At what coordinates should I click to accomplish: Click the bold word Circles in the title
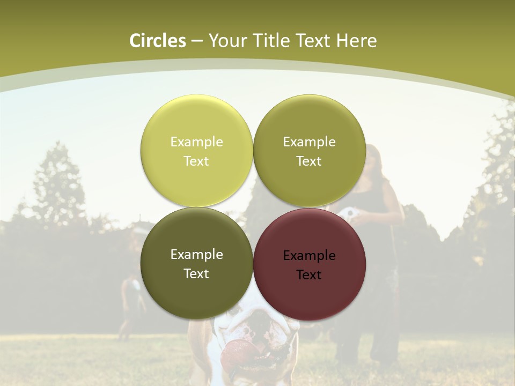click(x=158, y=41)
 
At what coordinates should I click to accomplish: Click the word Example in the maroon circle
click(x=309, y=256)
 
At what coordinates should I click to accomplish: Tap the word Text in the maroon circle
click(x=309, y=275)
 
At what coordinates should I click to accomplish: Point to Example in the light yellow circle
click(x=196, y=142)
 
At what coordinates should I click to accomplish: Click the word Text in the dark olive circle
click(x=196, y=274)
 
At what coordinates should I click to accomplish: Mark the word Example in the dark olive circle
click(x=196, y=255)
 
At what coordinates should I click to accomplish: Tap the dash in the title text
click(x=197, y=41)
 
